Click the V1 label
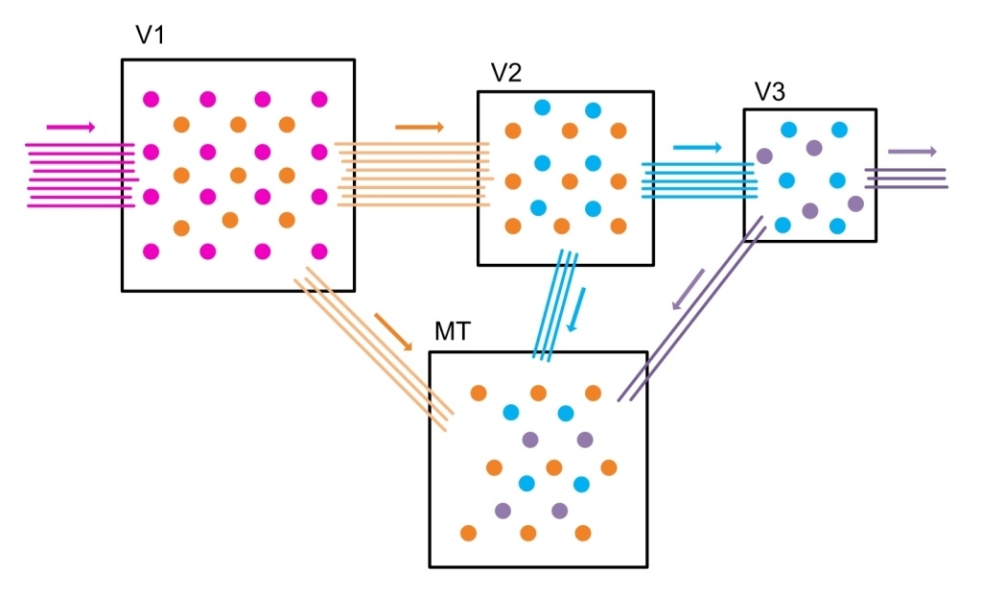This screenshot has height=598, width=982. point(152,36)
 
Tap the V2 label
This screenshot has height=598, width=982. point(506,73)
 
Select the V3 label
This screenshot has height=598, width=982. point(771,91)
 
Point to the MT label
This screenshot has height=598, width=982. point(452,331)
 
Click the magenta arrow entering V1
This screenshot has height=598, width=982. point(71,127)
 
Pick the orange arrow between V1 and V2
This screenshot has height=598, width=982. point(420,127)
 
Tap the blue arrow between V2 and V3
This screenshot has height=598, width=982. point(697,148)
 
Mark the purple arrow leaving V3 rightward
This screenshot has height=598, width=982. point(912,152)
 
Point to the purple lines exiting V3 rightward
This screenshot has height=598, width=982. point(906,178)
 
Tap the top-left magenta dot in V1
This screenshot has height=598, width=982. point(151,99)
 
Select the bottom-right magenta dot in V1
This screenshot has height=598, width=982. point(319,251)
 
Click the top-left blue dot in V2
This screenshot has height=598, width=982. point(543,108)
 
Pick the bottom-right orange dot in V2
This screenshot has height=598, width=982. point(618,227)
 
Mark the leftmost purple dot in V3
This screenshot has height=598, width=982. point(764,155)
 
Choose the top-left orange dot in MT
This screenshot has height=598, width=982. point(478,392)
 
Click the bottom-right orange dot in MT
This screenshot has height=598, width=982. point(582,533)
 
